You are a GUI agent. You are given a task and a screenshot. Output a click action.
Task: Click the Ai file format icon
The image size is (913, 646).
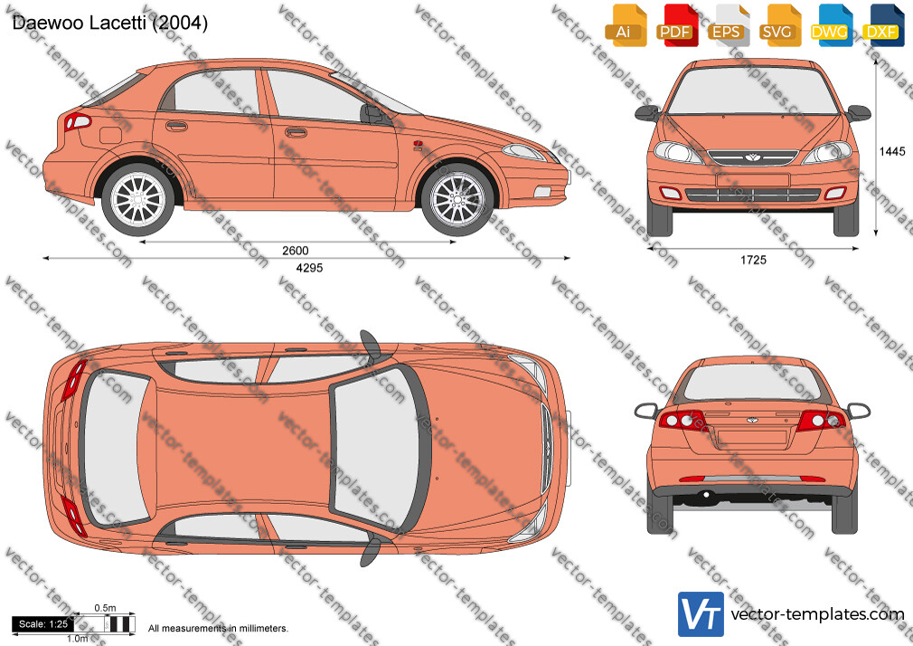(x=626, y=25)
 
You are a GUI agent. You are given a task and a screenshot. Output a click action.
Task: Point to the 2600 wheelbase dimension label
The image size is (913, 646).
(x=296, y=251)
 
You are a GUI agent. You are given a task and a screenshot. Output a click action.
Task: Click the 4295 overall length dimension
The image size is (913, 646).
(x=309, y=268)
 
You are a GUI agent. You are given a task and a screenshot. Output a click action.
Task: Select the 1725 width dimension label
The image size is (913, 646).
(x=754, y=260)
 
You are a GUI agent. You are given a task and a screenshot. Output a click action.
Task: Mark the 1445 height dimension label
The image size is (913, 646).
(x=892, y=152)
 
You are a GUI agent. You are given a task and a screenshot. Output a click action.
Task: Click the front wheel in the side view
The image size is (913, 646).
(x=457, y=199)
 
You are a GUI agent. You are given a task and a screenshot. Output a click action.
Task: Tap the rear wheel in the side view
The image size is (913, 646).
(x=138, y=199)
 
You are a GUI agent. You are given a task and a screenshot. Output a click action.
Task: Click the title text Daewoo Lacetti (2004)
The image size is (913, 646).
(x=110, y=23)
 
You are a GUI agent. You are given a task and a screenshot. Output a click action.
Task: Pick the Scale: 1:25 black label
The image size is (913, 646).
(x=43, y=624)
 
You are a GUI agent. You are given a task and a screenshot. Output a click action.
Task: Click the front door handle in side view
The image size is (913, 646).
(x=296, y=133)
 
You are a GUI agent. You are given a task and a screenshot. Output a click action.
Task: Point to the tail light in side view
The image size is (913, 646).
(x=78, y=122)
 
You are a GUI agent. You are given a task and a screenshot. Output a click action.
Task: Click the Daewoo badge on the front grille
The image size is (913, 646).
(x=752, y=157)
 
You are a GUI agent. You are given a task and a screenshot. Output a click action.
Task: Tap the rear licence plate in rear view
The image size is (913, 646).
(x=752, y=437)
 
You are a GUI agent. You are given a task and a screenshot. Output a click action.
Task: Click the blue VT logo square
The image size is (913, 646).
(x=701, y=614)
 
